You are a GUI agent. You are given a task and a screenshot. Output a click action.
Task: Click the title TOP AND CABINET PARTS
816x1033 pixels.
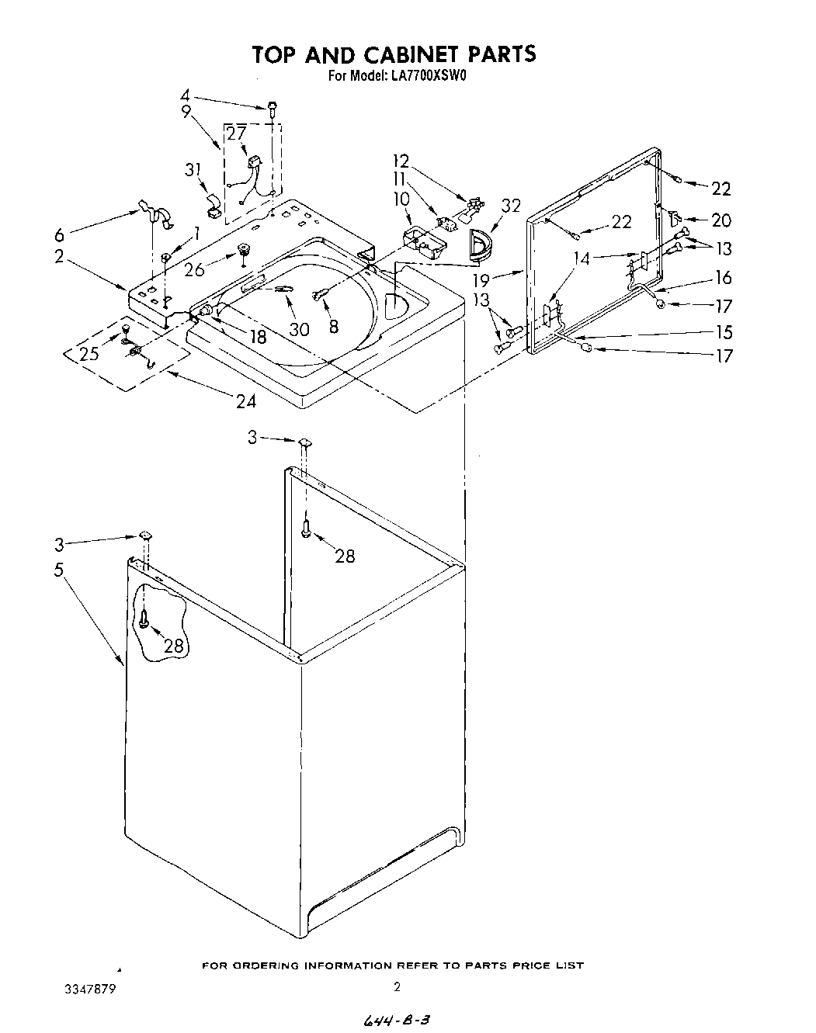pos(393,54)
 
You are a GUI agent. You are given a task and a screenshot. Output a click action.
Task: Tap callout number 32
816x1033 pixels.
pos(510,206)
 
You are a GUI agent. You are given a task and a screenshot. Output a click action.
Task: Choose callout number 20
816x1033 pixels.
pos(721,220)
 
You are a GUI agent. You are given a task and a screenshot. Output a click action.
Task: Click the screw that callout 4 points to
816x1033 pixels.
pos(273,108)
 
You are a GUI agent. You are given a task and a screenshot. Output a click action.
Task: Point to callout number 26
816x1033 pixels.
pos(194,269)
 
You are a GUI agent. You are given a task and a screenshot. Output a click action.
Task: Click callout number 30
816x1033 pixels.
pos(299,328)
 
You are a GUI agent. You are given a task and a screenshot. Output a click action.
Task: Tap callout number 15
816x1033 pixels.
pos(724,332)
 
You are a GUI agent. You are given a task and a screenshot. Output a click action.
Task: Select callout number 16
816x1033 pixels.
pos(724,278)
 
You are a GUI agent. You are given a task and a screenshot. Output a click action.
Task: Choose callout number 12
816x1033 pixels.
pos(401,161)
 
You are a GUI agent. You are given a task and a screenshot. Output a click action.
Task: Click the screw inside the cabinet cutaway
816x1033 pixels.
pos(145,619)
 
